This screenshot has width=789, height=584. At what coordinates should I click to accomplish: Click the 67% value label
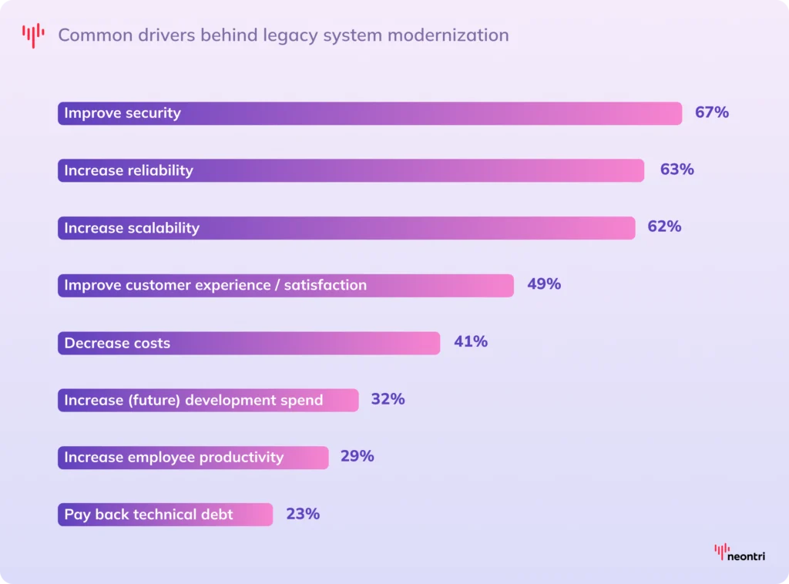click(711, 112)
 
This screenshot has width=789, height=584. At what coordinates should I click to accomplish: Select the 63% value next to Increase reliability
click(677, 169)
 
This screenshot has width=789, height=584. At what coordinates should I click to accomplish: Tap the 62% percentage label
click(664, 227)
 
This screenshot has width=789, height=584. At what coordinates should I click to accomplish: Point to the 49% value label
click(544, 284)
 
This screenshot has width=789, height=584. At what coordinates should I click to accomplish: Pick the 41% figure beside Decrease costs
click(470, 341)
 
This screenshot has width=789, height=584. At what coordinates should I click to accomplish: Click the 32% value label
click(388, 399)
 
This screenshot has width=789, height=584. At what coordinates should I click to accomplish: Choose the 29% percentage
click(357, 456)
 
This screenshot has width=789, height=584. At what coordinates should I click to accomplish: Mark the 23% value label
click(303, 514)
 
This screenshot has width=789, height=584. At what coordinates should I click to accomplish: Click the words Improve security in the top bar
click(123, 113)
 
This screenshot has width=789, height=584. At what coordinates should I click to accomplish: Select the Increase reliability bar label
click(129, 170)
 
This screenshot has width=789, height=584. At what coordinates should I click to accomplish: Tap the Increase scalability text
click(132, 228)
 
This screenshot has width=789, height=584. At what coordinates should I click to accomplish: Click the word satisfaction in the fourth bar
click(325, 285)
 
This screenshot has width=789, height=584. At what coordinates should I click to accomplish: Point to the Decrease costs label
click(117, 343)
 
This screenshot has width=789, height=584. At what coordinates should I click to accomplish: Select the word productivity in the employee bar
click(241, 458)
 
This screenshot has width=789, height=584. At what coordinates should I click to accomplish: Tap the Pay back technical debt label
click(148, 515)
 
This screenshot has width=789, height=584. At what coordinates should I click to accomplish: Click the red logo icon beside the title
click(33, 35)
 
